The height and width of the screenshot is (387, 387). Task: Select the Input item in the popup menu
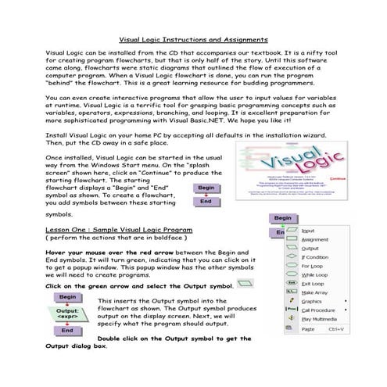tap(308, 231)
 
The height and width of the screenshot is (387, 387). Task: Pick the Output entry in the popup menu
tap(311, 250)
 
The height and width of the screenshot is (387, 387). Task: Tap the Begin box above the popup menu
tap(284, 218)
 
